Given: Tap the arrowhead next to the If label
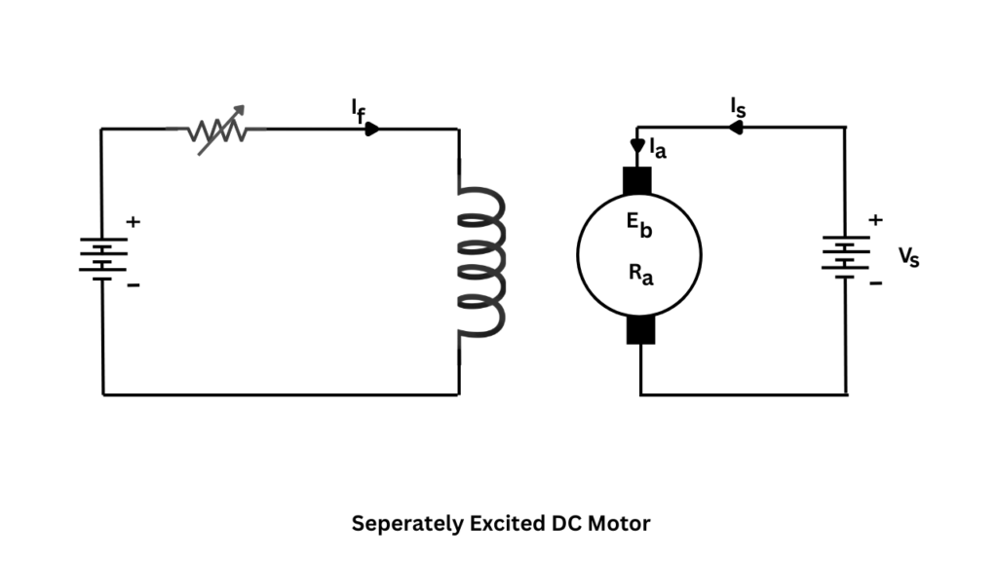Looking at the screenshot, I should click(x=372, y=129).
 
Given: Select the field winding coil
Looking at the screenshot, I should click(x=481, y=262).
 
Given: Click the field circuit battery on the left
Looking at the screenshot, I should click(x=102, y=259).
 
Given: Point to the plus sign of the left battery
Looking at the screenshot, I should click(x=134, y=223).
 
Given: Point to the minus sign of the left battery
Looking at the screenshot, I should click(x=134, y=285).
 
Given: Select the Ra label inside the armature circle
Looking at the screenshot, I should click(x=640, y=275).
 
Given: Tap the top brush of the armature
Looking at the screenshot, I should click(x=638, y=180).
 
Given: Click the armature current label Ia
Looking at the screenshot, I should click(x=659, y=150).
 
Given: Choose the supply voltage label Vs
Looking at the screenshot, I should click(x=907, y=257).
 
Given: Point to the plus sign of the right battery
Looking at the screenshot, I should click(x=875, y=220).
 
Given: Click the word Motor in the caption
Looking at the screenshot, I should click(x=619, y=523).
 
